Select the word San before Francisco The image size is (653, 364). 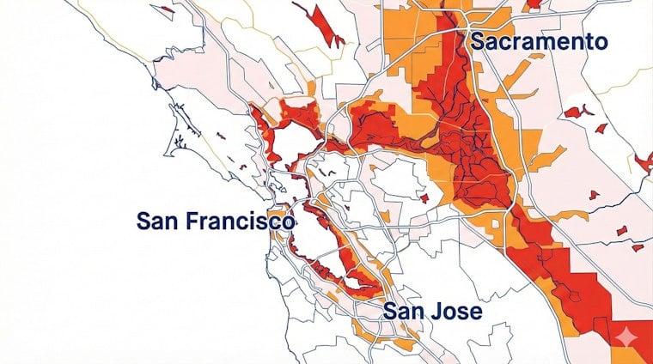158,221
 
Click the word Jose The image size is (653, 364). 456,311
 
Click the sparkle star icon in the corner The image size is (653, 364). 625,335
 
